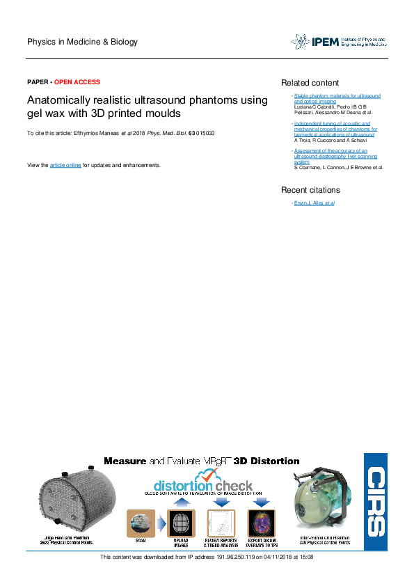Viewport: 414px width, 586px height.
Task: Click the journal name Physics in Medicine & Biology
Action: pos(82,42)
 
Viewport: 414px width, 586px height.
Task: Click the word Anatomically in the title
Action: pos(56,100)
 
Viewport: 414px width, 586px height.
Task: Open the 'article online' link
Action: pos(65,165)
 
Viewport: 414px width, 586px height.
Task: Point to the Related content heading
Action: pos(310,83)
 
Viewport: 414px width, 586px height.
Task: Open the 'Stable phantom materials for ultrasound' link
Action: pos(337,95)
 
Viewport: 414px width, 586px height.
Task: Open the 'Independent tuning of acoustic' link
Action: pos(335,124)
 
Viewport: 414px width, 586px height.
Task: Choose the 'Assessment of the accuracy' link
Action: pos(331,150)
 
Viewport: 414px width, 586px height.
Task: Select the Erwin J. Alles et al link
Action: pos(314,203)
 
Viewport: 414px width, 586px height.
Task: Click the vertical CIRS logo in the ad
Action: pos(376,502)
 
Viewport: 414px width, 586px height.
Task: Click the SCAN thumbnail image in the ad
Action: pos(141,523)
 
